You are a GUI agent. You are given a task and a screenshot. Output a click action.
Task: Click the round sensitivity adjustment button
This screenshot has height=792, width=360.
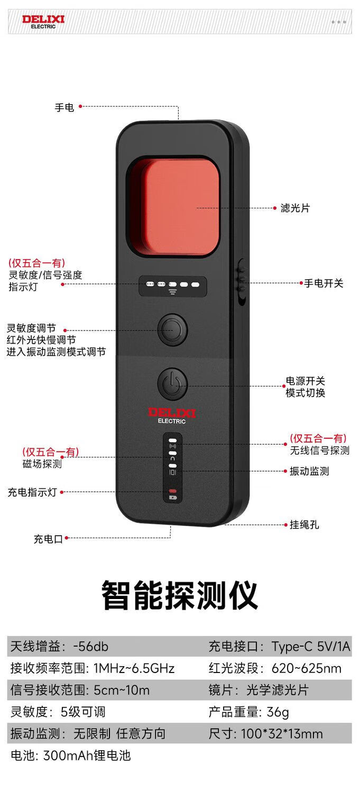pos(172,330)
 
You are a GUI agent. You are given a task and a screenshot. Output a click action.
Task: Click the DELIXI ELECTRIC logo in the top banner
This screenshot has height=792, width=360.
pos(43,22)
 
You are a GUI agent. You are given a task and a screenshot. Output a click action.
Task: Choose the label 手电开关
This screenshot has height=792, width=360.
pos(324,283)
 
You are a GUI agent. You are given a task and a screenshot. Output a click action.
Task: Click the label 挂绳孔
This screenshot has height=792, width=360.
pos(304,525)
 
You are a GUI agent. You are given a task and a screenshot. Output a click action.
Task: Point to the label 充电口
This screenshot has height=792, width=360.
pos(48,539)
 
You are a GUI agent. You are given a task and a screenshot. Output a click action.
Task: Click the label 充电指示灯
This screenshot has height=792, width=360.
pos(32,492)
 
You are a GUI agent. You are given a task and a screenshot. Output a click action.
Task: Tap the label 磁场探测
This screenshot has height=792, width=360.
pos(42,464)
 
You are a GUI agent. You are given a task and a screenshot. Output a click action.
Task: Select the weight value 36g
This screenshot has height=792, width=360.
pos(278,712)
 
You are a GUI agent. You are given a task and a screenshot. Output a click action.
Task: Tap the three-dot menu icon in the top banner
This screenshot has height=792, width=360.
pos(338,22)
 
